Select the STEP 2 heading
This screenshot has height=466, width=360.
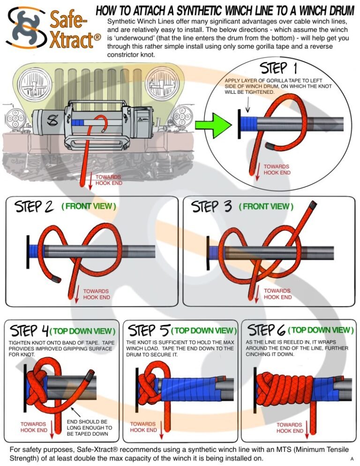click(35, 207)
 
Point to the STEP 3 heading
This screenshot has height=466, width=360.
click(211, 207)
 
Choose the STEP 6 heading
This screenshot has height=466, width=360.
click(266, 330)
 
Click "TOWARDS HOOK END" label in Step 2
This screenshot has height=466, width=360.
click(97, 294)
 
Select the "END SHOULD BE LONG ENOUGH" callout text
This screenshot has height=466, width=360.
click(90, 428)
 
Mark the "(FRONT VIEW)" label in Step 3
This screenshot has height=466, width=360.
click(266, 207)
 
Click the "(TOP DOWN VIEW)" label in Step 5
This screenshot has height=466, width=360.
click(204, 331)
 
